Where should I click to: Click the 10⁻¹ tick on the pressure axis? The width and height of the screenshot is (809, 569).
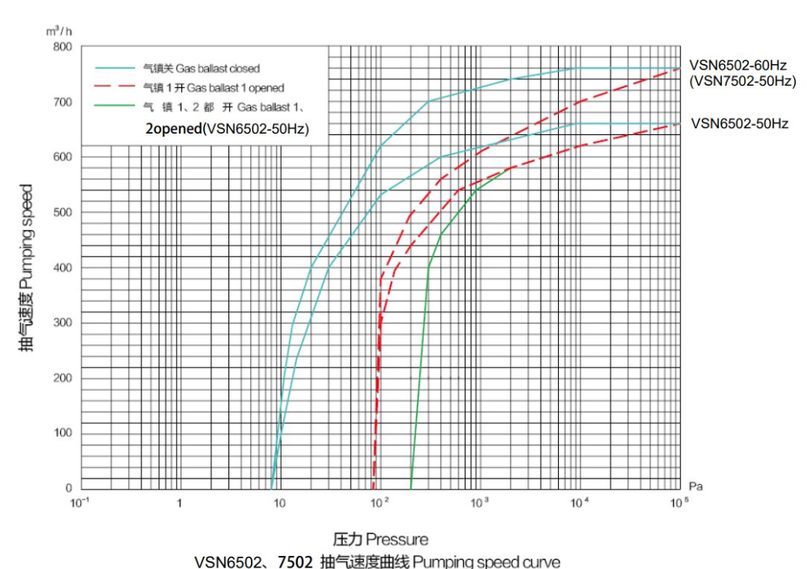tap(80, 502)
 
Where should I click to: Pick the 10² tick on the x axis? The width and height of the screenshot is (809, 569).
tap(379, 502)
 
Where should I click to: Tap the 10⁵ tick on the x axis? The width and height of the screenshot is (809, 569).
tap(679, 502)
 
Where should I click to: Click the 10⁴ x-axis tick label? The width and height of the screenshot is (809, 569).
tap(579, 502)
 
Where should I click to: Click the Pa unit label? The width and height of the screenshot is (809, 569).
tap(696, 486)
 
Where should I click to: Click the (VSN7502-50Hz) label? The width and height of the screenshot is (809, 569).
tap(742, 81)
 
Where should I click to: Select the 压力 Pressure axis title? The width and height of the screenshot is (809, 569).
tap(380, 538)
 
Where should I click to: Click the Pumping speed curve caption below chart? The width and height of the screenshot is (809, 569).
tap(377, 561)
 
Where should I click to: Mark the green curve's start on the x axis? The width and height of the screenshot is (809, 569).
tap(410, 487)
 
